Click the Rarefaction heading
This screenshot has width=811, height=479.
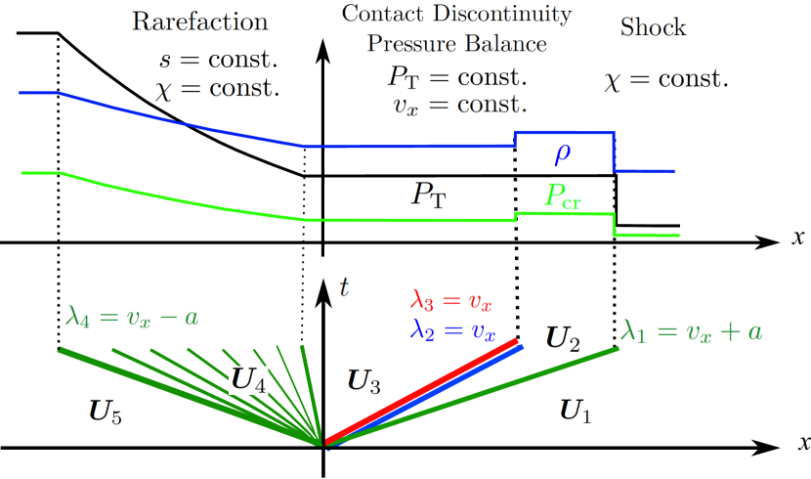[x=200, y=22]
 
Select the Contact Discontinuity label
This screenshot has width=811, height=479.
[x=456, y=14]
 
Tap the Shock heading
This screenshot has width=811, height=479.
[x=653, y=26]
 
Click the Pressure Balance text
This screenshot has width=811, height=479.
[x=456, y=44]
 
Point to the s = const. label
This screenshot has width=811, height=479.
[x=218, y=59]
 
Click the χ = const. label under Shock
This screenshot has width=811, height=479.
[x=666, y=80]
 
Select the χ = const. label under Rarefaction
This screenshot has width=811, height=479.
[x=217, y=89]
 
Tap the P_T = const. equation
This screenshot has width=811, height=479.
[x=457, y=76]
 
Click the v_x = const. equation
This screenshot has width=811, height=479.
[x=458, y=105]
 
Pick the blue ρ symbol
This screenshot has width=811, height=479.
[x=563, y=155]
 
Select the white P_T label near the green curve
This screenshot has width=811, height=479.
[x=428, y=195]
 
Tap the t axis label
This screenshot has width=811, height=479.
[x=344, y=285]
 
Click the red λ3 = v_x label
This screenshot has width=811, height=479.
[x=451, y=300]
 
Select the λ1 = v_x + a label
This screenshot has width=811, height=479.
[x=692, y=331]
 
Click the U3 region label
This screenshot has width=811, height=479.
[x=363, y=381]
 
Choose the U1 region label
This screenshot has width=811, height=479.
[x=575, y=411]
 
